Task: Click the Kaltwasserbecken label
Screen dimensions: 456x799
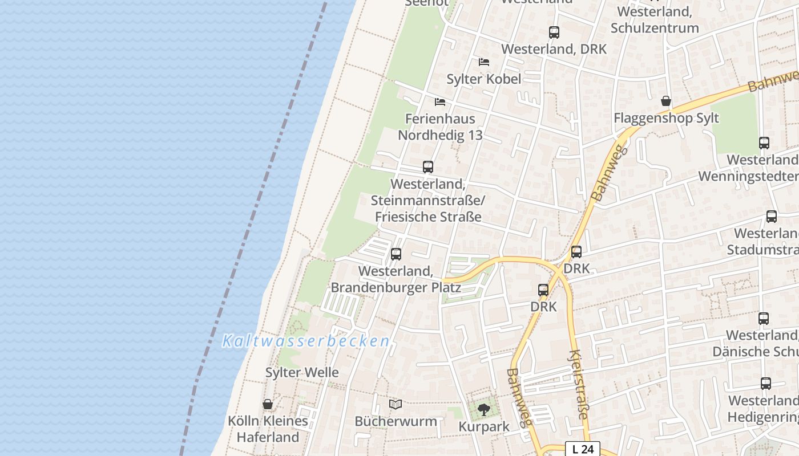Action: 306,341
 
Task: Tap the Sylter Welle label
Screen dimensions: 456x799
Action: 302,373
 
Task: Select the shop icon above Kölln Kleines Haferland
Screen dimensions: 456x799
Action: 268,404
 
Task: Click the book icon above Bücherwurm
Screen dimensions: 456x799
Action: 396,404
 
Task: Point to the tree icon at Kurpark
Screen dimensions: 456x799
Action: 483,409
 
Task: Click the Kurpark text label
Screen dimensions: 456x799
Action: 484,426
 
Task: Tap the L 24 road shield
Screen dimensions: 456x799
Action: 583,449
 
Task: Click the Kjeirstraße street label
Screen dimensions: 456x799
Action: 578,384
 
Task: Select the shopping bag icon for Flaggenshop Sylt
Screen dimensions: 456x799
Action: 665,101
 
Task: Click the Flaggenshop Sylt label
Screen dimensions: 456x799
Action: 666,119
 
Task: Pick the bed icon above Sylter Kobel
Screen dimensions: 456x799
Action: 484,62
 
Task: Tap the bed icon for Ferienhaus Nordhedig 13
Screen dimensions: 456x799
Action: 439,102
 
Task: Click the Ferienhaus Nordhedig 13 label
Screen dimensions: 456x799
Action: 440,127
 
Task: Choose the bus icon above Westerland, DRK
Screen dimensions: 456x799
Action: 554,32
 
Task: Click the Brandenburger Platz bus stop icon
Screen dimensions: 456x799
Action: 396,254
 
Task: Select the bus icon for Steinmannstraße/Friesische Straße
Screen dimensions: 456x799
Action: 428,167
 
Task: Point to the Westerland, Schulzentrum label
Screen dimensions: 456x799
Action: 654,19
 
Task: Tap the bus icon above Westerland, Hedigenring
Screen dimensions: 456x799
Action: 765,384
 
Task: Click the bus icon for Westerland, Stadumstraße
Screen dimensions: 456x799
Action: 771,217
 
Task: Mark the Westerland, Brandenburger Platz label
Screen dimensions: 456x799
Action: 396,279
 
